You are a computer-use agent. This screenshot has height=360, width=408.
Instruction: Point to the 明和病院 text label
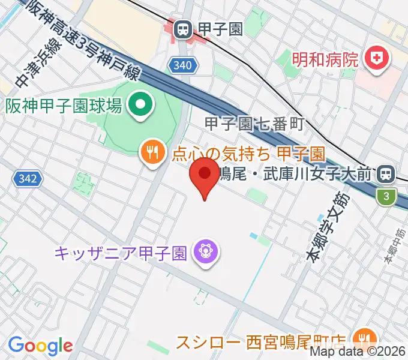coord(326,59)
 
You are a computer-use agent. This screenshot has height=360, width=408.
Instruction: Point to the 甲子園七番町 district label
coord(255,124)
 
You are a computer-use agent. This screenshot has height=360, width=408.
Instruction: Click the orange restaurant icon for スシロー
coord(364,337)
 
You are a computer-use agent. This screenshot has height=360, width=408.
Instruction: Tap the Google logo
coord(40,346)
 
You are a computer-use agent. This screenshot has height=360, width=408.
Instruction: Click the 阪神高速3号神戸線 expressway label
coord(84,41)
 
